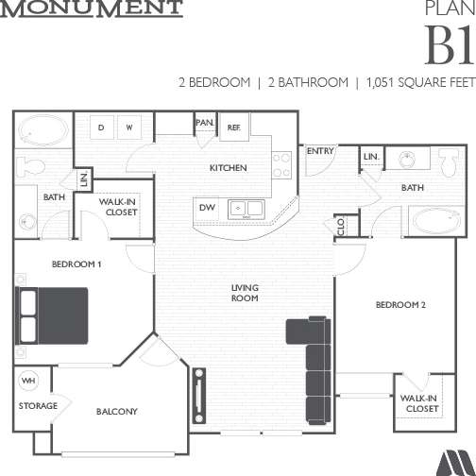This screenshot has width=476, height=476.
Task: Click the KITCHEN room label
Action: point(228,168)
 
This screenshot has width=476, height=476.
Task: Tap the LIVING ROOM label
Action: point(246,292)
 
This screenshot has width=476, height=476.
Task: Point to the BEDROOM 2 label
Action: point(401,304)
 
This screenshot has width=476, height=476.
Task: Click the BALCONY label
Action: point(117,411)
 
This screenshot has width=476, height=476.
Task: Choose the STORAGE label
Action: point(38,406)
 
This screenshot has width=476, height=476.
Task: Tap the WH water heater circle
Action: point(28,382)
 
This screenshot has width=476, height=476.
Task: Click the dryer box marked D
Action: point(100,127)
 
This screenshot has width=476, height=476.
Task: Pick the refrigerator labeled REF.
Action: point(234,127)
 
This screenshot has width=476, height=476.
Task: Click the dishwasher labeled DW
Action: point(206,207)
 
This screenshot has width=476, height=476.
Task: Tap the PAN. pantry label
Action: point(204,123)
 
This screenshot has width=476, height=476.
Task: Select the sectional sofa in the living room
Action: point(312,359)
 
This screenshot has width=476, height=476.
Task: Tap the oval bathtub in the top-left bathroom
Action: point(42,129)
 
